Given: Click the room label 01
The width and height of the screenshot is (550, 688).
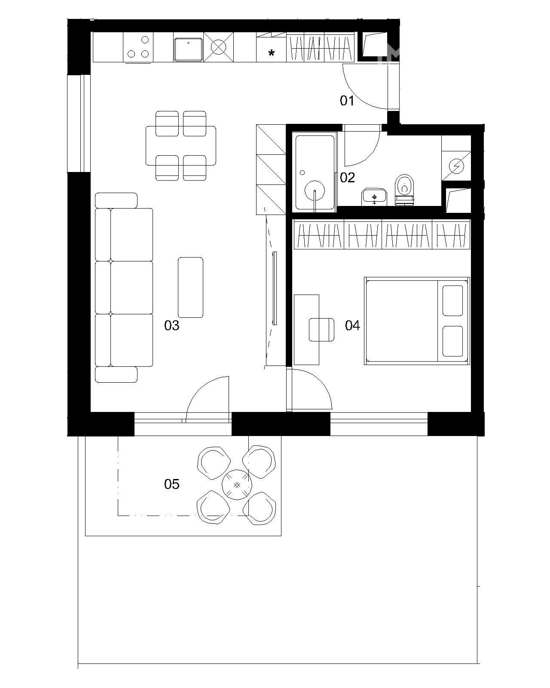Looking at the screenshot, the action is [x=347, y=101].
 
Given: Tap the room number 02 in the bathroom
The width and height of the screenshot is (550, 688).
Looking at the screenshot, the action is [x=347, y=178].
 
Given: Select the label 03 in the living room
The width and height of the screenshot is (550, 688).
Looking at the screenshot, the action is [x=171, y=326].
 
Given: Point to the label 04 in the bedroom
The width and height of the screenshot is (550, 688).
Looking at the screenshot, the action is [x=352, y=326].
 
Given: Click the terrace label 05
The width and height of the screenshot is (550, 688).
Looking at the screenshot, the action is [x=171, y=484].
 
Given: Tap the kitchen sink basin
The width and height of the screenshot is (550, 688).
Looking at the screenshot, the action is [x=188, y=49].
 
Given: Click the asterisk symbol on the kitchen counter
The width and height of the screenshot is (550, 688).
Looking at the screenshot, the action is [x=271, y=53].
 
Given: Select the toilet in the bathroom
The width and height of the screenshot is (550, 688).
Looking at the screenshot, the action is [x=405, y=189].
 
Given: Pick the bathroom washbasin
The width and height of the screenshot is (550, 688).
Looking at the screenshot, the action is [x=374, y=197].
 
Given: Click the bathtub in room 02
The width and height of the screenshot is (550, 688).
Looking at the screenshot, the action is [x=315, y=172].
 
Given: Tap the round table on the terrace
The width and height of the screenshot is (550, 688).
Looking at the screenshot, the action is [x=237, y=485].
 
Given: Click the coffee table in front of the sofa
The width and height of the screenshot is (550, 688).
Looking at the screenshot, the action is [x=190, y=287].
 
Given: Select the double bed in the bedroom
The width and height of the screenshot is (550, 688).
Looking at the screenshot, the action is [x=417, y=321].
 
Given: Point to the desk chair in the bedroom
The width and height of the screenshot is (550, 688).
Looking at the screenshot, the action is [x=321, y=329].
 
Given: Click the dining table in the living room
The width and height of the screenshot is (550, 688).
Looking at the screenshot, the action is [x=181, y=146].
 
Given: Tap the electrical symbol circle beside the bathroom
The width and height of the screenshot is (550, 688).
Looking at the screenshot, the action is [x=456, y=166].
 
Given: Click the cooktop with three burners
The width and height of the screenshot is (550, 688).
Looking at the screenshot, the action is [x=138, y=47].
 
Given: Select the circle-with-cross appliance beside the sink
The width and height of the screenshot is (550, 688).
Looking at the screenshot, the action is [x=219, y=47].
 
